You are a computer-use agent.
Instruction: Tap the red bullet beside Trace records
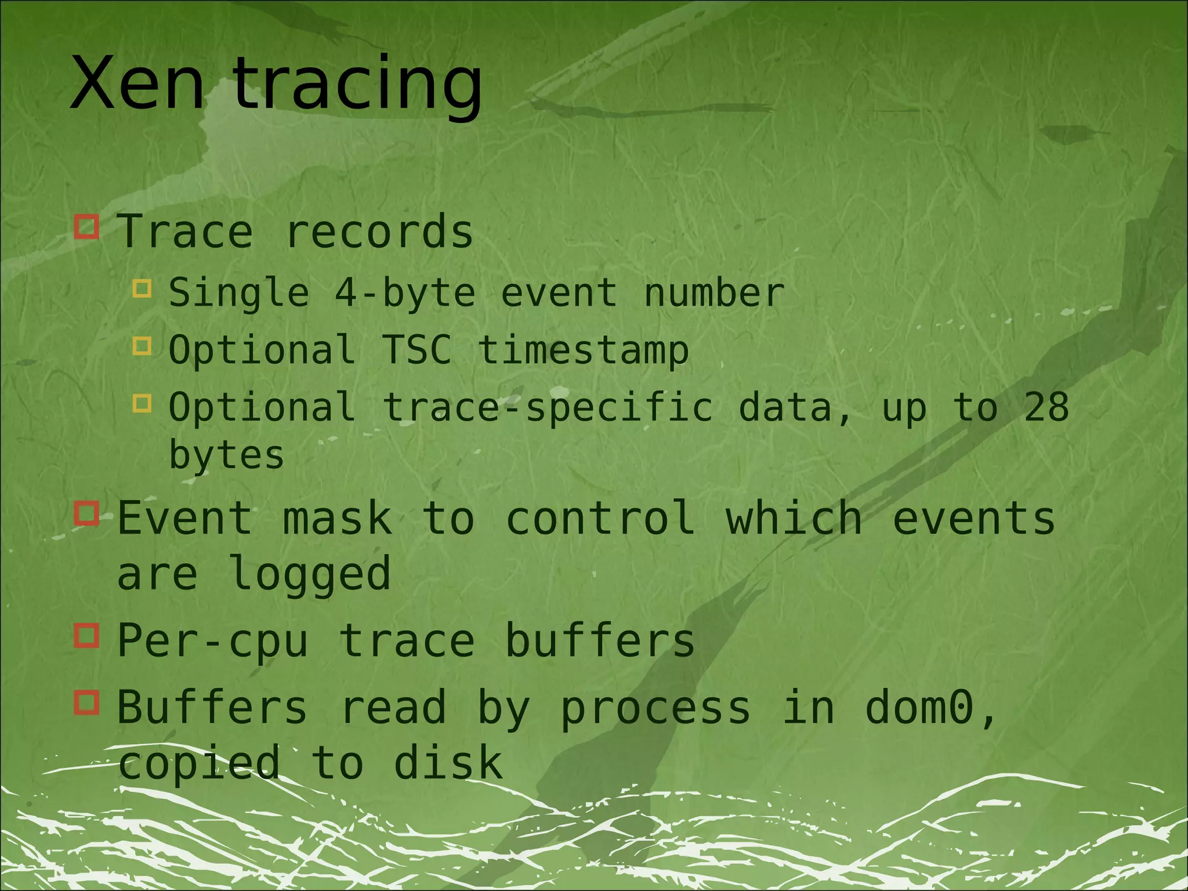click(x=87, y=227)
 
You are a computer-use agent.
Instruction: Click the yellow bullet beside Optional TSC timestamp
click(x=142, y=346)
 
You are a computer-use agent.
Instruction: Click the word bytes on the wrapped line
click(x=226, y=455)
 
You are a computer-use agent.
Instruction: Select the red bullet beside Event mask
click(x=87, y=513)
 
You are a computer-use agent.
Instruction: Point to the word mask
click(x=337, y=519)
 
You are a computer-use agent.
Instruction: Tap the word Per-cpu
click(x=212, y=642)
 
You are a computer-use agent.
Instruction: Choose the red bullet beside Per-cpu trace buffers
click(x=87, y=636)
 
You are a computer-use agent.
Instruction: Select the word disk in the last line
click(x=448, y=763)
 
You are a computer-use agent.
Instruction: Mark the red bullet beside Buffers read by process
click(x=87, y=702)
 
